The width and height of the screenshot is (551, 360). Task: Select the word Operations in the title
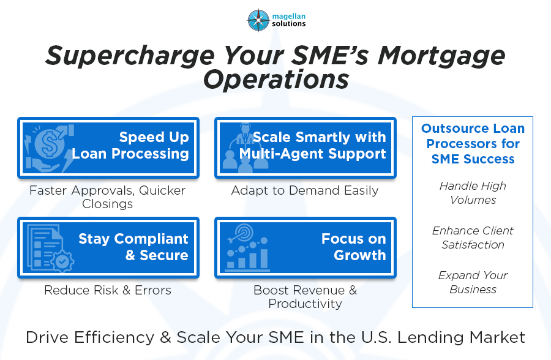tap(275, 80)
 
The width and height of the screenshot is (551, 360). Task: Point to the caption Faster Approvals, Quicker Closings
tap(108, 197)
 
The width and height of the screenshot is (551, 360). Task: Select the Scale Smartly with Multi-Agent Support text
tap(313, 145)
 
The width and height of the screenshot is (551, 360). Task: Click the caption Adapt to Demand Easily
tap(305, 190)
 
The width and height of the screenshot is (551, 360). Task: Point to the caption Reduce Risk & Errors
tap(108, 290)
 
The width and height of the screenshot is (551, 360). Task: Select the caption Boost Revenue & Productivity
tap(305, 296)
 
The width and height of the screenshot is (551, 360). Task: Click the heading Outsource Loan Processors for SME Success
tap(473, 144)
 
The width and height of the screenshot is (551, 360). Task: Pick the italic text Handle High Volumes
tap(473, 193)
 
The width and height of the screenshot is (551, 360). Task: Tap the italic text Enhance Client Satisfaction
tap(473, 238)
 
